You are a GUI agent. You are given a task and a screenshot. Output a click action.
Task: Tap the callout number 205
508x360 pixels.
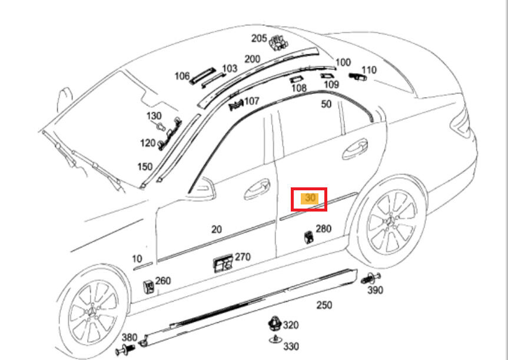click(x=259, y=38)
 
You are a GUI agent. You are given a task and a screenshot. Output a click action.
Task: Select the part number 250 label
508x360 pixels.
click(x=324, y=305)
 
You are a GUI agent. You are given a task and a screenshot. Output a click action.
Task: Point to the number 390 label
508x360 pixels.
click(x=375, y=290)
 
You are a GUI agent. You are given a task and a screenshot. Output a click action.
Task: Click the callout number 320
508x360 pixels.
click(x=291, y=325)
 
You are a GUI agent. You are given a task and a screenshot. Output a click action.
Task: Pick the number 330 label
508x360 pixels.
click(x=291, y=346)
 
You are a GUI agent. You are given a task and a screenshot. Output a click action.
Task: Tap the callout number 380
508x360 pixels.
click(x=130, y=338)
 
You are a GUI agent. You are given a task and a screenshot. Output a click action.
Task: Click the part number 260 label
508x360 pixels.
click(x=162, y=281)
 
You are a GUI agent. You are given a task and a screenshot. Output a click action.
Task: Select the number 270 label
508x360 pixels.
click(x=243, y=257)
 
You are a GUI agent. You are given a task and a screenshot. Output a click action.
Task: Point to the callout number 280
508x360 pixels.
click(x=323, y=229)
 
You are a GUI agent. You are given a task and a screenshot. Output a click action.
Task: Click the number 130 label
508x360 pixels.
click(x=154, y=115)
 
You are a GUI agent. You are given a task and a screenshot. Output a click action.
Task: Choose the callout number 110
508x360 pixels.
click(x=368, y=70)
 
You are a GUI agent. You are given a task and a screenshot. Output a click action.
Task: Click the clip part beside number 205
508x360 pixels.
click(x=277, y=42)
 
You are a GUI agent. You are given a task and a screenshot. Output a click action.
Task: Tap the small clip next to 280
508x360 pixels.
click(x=308, y=237)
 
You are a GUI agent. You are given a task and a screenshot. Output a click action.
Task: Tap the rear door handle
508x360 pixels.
click(x=355, y=148)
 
